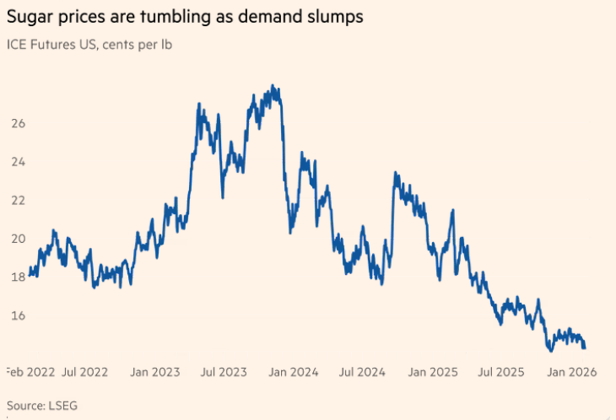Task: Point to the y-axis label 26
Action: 19,123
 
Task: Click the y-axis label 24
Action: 19,162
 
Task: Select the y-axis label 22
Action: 19,200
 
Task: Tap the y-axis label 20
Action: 19,239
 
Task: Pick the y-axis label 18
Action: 19,277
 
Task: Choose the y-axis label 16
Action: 19,315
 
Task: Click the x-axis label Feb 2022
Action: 30,372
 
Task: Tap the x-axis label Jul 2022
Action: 85,372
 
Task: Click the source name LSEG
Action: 63,406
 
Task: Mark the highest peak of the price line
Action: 272,85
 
